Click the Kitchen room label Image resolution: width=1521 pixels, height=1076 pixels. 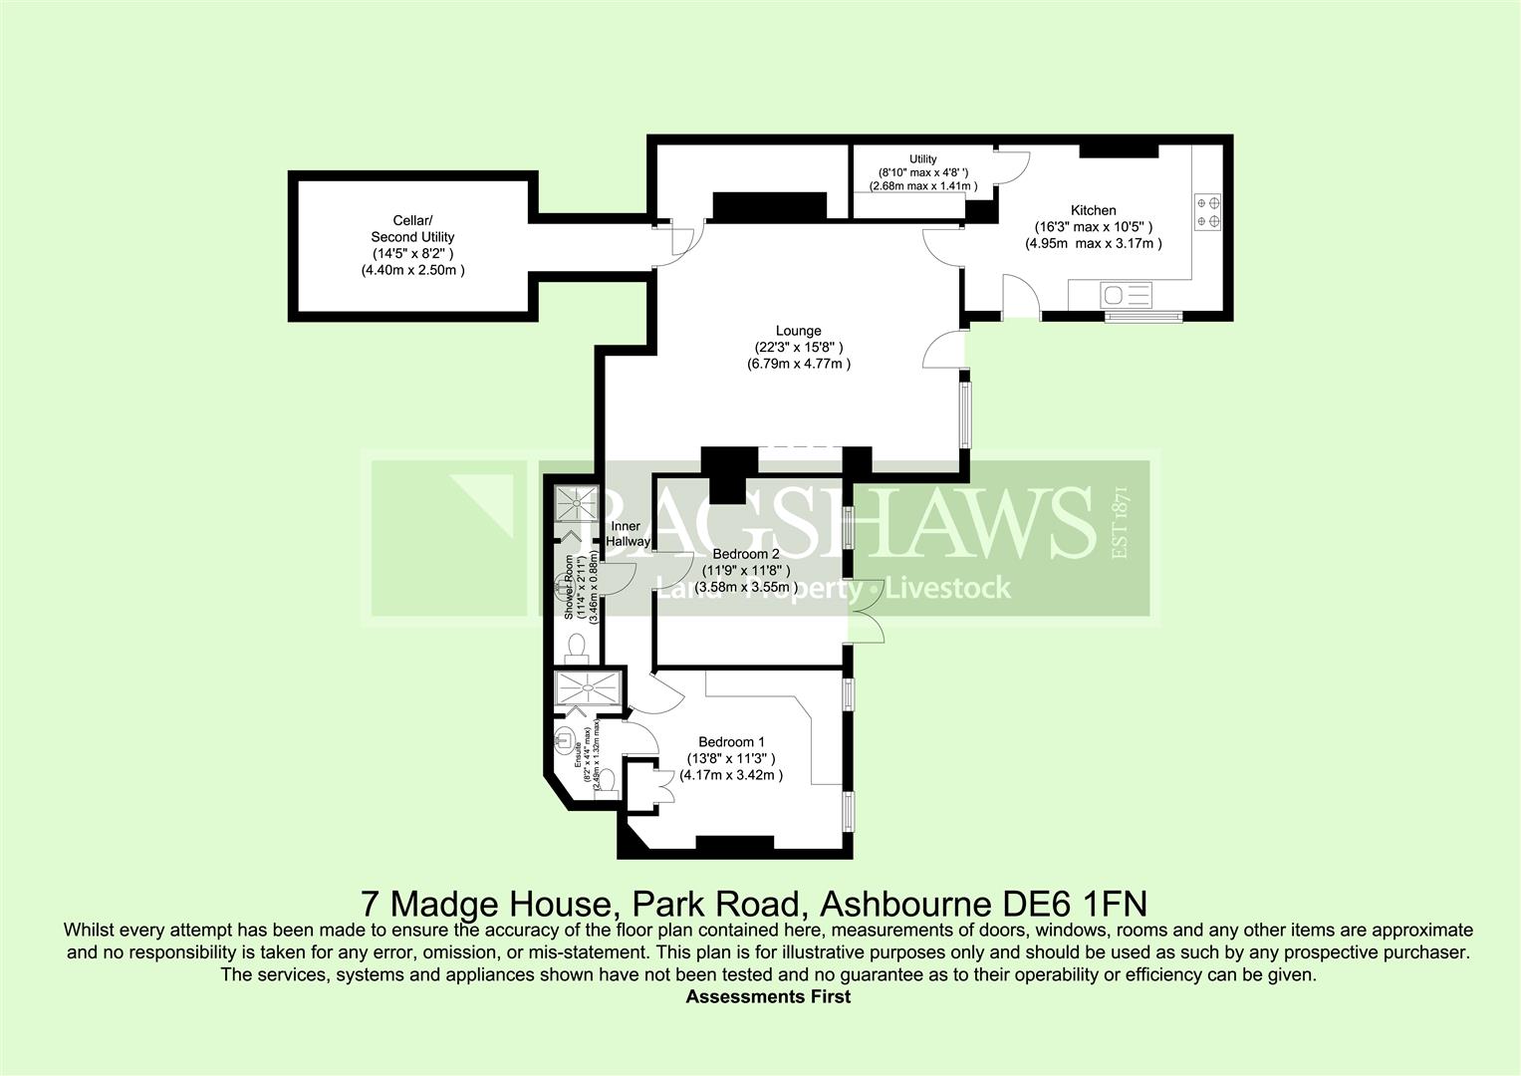coord(1093,210)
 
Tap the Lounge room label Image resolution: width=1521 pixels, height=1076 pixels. coord(798,331)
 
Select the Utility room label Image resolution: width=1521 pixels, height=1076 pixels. coord(922,159)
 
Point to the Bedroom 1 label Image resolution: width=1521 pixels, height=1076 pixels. coord(731,742)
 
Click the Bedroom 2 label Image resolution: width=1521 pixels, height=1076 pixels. coord(746,554)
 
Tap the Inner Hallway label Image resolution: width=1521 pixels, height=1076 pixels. coord(628,534)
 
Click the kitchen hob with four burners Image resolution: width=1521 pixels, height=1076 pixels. coord(1207,209)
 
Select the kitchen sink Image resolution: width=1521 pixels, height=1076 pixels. coord(1126,295)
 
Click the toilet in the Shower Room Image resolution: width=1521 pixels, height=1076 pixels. coord(576,649)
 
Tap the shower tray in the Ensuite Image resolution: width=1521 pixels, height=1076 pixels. coord(590,688)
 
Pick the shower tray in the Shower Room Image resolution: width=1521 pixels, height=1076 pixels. coord(573,504)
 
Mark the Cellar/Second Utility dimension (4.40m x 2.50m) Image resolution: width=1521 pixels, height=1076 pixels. coord(412,270)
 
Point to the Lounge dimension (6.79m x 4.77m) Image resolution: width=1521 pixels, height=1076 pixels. coord(798,365)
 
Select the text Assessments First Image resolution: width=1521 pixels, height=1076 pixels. coord(768,996)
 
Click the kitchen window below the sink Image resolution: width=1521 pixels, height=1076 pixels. coord(1142,317)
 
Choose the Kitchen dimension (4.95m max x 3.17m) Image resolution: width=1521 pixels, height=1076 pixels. coord(1093,243)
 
